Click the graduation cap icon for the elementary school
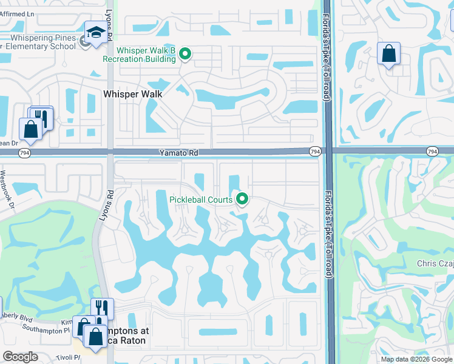click(95, 32)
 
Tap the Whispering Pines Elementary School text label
click(40, 42)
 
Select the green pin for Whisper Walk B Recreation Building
click(186, 55)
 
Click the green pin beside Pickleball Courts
click(242, 198)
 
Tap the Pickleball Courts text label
click(201, 200)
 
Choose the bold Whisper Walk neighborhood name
click(133, 94)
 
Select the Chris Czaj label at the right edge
click(435, 263)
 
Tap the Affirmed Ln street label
click(18, 13)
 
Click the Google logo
click(20, 357)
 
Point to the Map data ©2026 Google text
click(416, 359)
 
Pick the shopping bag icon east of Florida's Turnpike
click(388, 53)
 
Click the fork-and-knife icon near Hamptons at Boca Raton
click(102, 308)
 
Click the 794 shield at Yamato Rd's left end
click(24, 153)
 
